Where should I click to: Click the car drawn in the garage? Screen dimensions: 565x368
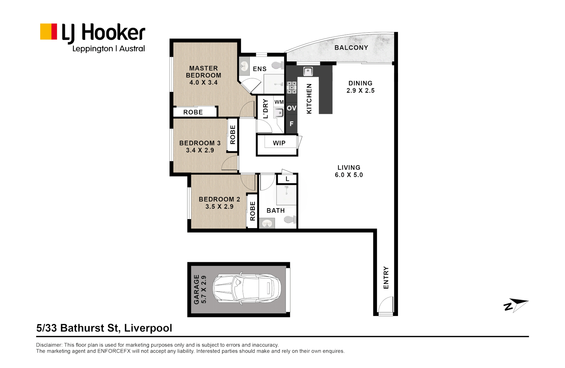click(247, 289)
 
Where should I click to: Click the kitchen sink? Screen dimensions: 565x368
click(308, 71)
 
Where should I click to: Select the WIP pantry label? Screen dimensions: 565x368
click(279, 143)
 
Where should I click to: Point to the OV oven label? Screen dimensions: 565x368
click(292, 108)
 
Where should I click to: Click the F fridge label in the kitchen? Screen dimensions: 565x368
click(292, 124)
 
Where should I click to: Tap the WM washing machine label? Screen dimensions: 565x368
click(279, 102)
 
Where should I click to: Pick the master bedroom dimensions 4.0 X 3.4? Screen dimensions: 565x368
click(203, 82)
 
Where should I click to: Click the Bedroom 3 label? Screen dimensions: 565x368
click(200, 143)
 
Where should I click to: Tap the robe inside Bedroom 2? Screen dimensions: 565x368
click(252, 211)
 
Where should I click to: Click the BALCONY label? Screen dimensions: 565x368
click(351, 48)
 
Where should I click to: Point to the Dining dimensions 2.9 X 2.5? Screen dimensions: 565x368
click(361, 90)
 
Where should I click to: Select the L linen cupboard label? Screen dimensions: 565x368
click(287, 179)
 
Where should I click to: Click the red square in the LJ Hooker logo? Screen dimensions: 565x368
click(54, 32)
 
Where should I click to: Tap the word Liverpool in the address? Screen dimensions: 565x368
click(148, 328)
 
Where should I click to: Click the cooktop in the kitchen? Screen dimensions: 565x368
click(292, 87)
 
